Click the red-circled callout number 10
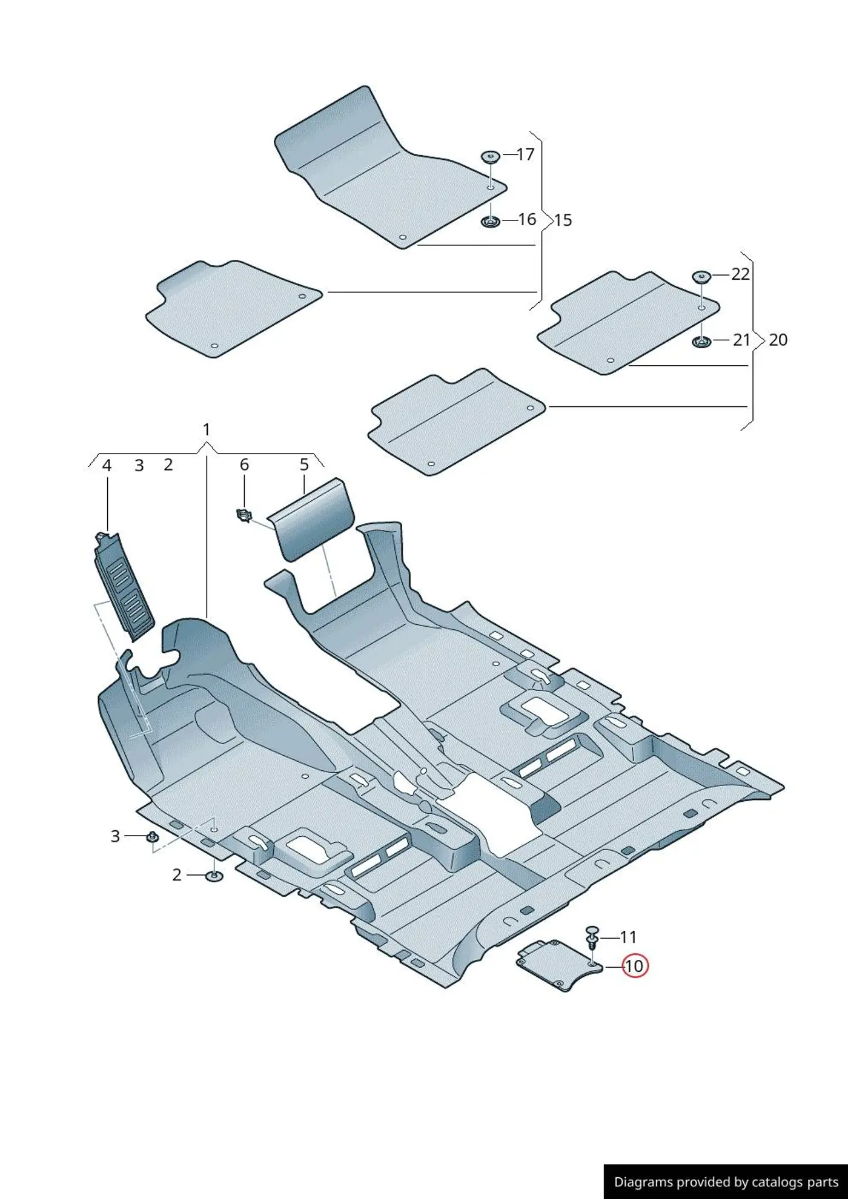coord(634,965)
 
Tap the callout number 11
coord(628,937)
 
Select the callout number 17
coord(526,154)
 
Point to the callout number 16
coord(527,219)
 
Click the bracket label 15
coord(563,220)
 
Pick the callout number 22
coord(740,274)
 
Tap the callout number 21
coord(741,340)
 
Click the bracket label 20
coord(778,340)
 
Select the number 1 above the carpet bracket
coord(206,429)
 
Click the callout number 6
coord(244,464)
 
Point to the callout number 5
coord(304,464)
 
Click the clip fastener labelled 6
coord(243,516)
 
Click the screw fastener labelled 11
coord(592,938)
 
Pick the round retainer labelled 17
coord(490,156)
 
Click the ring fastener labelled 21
coord(701,342)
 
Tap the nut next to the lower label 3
coord(151,837)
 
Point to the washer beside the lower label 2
coord(214,876)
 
